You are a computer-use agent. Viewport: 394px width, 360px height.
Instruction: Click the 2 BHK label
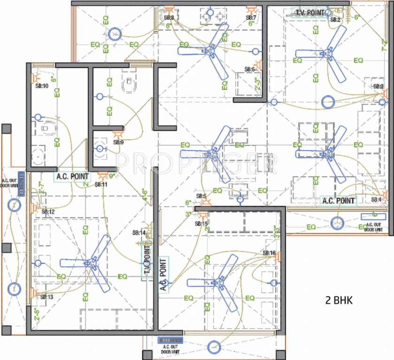click(x=339, y=300)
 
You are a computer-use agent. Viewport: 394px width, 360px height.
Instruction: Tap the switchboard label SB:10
click(x=42, y=86)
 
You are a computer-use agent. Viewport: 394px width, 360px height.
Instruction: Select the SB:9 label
click(x=118, y=142)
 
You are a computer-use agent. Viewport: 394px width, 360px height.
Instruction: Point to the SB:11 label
click(x=101, y=185)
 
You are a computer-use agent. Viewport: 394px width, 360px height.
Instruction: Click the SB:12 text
click(x=48, y=212)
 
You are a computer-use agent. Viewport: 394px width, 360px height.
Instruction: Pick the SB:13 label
click(x=47, y=297)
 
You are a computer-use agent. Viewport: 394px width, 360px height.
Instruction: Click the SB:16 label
click(x=269, y=254)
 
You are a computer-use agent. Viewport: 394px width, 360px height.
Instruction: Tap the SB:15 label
click(x=202, y=224)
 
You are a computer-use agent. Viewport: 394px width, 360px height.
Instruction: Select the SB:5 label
click(x=202, y=196)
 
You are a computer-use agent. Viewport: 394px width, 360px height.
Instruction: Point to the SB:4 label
click(x=377, y=200)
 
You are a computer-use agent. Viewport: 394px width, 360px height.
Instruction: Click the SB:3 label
click(x=378, y=87)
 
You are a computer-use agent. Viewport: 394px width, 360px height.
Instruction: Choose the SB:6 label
click(x=250, y=69)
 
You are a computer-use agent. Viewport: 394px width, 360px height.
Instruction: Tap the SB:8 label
click(x=169, y=18)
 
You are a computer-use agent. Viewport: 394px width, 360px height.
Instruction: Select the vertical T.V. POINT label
click(x=147, y=262)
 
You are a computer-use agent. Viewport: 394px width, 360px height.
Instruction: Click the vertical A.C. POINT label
click(x=163, y=274)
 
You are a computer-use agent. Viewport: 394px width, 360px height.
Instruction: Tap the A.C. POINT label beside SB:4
click(x=338, y=201)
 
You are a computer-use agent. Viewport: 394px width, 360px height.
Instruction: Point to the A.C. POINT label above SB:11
click(x=72, y=177)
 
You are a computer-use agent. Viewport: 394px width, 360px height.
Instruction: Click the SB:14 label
click(x=139, y=232)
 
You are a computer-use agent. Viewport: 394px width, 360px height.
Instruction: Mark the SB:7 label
click(x=251, y=18)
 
